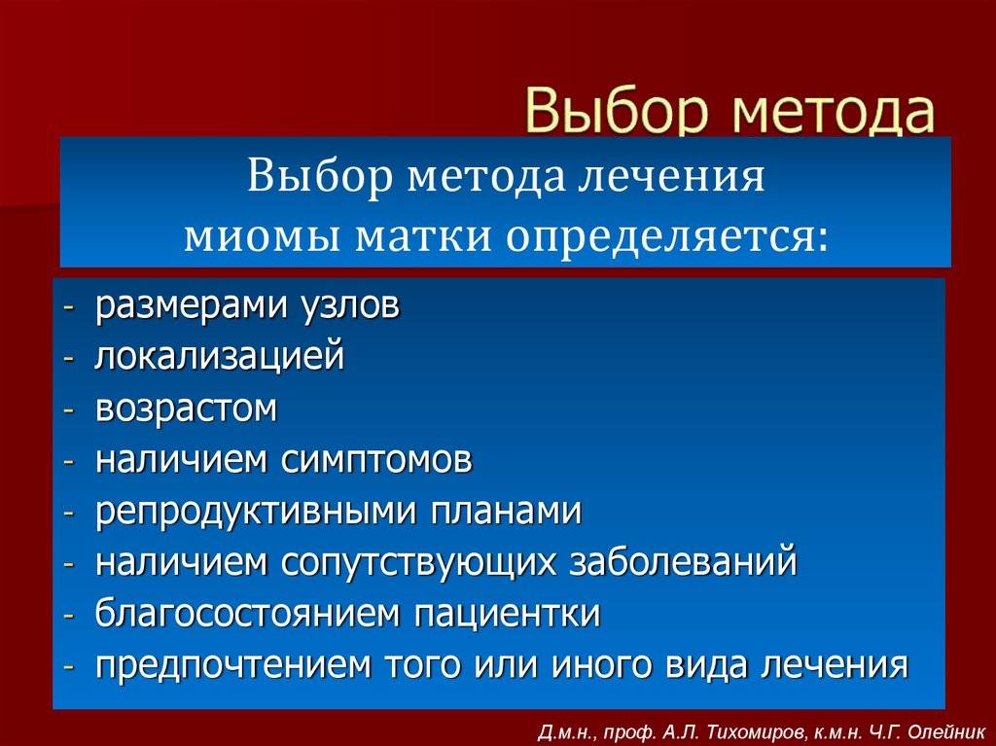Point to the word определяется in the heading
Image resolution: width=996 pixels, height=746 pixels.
(x=668, y=238)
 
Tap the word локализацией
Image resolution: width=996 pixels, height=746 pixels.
(x=220, y=356)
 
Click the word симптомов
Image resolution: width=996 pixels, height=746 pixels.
(x=376, y=460)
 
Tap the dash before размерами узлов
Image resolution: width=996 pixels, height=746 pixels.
(x=69, y=307)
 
